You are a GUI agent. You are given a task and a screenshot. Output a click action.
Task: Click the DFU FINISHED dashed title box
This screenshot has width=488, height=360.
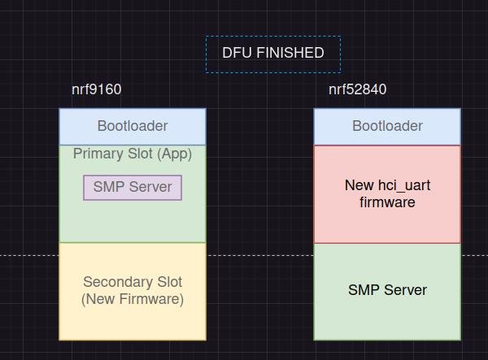(273, 54)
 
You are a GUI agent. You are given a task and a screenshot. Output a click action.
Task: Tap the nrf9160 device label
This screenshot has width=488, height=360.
(97, 89)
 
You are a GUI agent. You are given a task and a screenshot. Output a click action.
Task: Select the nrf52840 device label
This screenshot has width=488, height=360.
(358, 89)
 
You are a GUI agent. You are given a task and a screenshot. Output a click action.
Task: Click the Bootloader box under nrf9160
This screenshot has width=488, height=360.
(133, 127)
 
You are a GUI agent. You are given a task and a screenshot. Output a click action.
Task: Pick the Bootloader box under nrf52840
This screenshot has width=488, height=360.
(387, 127)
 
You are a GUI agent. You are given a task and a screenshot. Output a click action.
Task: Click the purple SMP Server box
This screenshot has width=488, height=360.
(133, 188)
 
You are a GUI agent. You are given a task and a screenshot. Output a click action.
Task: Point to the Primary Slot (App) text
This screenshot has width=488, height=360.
(133, 154)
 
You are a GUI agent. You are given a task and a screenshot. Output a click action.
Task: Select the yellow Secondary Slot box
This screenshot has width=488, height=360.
(133, 292)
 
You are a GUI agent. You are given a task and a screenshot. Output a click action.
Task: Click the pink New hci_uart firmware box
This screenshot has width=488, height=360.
(387, 194)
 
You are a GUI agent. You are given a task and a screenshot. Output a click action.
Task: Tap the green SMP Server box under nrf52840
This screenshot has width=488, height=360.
(387, 292)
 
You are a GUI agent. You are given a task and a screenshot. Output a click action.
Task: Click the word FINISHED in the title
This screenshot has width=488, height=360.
(290, 53)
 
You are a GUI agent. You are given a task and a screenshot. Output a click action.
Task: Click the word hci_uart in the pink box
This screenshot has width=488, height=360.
(404, 186)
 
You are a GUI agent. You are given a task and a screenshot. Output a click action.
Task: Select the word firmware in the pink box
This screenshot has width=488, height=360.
(387, 202)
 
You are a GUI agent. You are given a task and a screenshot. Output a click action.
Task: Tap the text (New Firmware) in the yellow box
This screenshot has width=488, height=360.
(133, 299)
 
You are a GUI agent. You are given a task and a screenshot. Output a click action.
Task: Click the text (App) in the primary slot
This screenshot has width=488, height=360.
(174, 154)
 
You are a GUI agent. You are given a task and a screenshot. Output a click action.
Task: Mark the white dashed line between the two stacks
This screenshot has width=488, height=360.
(260, 255)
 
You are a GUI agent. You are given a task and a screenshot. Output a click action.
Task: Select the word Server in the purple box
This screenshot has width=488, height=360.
(150, 187)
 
